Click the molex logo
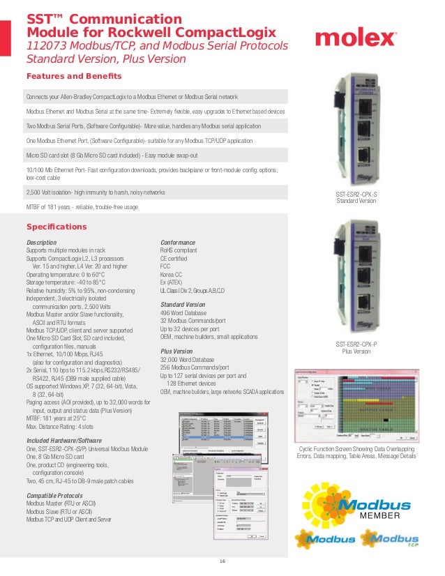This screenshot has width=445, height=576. [x=356, y=38]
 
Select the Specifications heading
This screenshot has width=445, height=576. [x=56, y=227]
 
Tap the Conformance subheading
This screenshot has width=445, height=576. [x=178, y=243]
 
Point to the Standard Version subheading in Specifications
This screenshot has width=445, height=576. [x=183, y=305]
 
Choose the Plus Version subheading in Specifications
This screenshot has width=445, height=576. [x=176, y=351]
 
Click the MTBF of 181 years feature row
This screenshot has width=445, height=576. [x=82, y=207]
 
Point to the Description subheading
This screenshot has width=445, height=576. [x=43, y=243]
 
